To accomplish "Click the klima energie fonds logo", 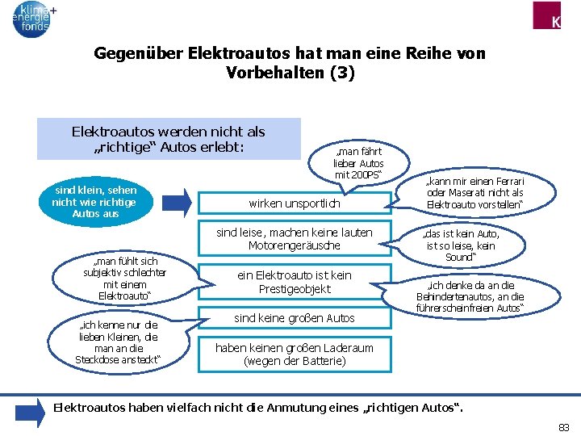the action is point(32,19).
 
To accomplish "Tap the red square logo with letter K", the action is point(556,15).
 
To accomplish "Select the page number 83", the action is point(563,426).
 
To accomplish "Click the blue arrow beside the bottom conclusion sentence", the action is point(31,413).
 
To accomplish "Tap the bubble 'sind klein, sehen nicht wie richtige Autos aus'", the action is point(95,202).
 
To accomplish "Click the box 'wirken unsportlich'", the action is point(294,204).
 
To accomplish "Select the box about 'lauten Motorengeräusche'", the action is point(294,239).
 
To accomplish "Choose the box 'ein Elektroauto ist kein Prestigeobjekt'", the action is point(294,283).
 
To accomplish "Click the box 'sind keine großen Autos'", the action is point(294,318).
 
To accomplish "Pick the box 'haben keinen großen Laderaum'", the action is point(294,354).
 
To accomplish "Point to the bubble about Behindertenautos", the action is point(470,296).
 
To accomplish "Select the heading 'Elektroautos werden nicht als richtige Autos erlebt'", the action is point(168,139).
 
